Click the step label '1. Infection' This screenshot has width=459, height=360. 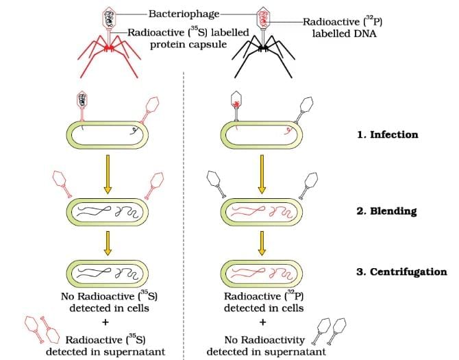tap(387, 134)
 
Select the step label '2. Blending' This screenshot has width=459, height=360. tap(386, 211)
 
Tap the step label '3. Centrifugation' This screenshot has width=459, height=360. tap(401, 272)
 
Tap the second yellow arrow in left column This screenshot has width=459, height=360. tap(107, 242)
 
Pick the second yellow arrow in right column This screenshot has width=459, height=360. tap(261, 242)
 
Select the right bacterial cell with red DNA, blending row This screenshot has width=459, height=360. tap(261, 211)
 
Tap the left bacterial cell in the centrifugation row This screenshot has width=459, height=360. tap(107, 272)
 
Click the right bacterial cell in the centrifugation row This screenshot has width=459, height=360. tap(261, 272)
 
